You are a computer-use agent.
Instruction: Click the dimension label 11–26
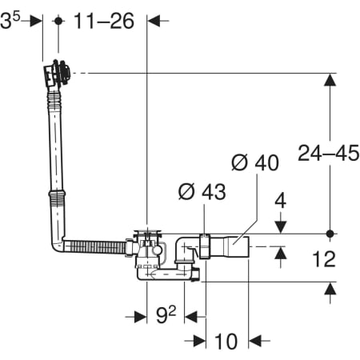click(104, 21)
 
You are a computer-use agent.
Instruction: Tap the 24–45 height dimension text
click(329, 153)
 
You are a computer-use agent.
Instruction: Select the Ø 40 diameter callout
click(255, 162)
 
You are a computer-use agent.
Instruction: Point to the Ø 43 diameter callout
click(202, 191)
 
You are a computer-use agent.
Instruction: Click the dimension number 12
click(324, 259)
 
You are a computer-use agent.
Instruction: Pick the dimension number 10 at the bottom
click(226, 341)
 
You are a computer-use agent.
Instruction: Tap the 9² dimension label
click(166, 314)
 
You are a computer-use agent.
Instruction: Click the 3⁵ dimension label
click(10, 20)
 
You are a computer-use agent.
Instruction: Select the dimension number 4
click(281, 201)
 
